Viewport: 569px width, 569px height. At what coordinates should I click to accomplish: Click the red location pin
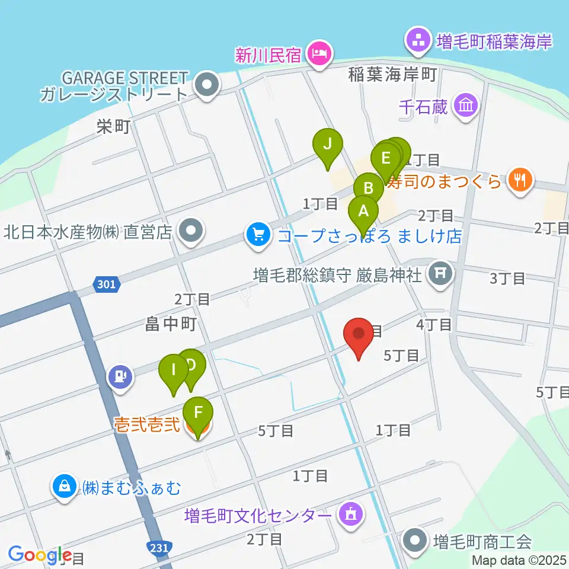[x=359, y=335]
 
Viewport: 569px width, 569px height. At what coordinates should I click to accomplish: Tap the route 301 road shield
[x=107, y=285]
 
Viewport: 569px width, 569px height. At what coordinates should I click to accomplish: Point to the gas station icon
[x=120, y=376]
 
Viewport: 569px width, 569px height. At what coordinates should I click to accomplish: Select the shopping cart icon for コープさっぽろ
[x=258, y=235]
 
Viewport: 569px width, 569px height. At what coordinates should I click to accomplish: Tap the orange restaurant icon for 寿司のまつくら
[x=520, y=179]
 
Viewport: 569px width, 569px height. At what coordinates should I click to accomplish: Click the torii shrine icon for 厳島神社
[x=440, y=274]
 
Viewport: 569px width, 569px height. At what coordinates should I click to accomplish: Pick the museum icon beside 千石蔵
[x=465, y=107]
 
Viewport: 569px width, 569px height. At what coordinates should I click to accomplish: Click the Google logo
[x=40, y=555]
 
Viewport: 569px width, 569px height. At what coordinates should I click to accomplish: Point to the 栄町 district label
[x=114, y=127]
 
